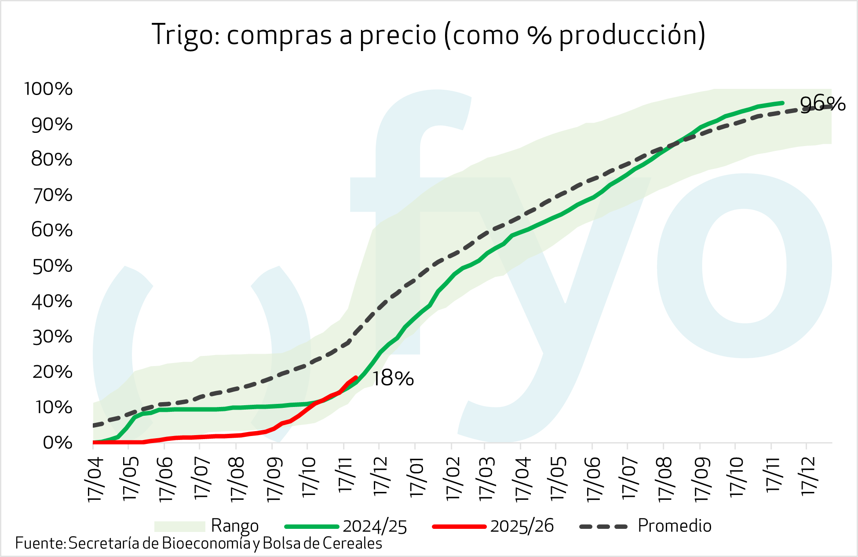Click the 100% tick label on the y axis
pyautogui.click(x=48, y=89)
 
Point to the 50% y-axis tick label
pyautogui.click(x=52, y=266)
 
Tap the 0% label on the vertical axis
pyautogui.click(x=57, y=443)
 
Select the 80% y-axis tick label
pyautogui.click(x=52, y=159)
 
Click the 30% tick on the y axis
pyautogui.click(x=52, y=337)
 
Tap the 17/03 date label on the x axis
pyautogui.click(x=487, y=479)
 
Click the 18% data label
pyautogui.click(x=393, y=378)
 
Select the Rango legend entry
pyautogui.click(x=234, y=526)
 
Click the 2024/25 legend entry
pyautogui.click(x=375, y=526)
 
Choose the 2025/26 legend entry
pyautogui.click(x=522, y=526)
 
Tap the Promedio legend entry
pyautogui.click(x=674, y=526)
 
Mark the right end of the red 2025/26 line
pyautogui.click(x=356, y=377)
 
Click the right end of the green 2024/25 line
pyautogui.click(x=783, y=103)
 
